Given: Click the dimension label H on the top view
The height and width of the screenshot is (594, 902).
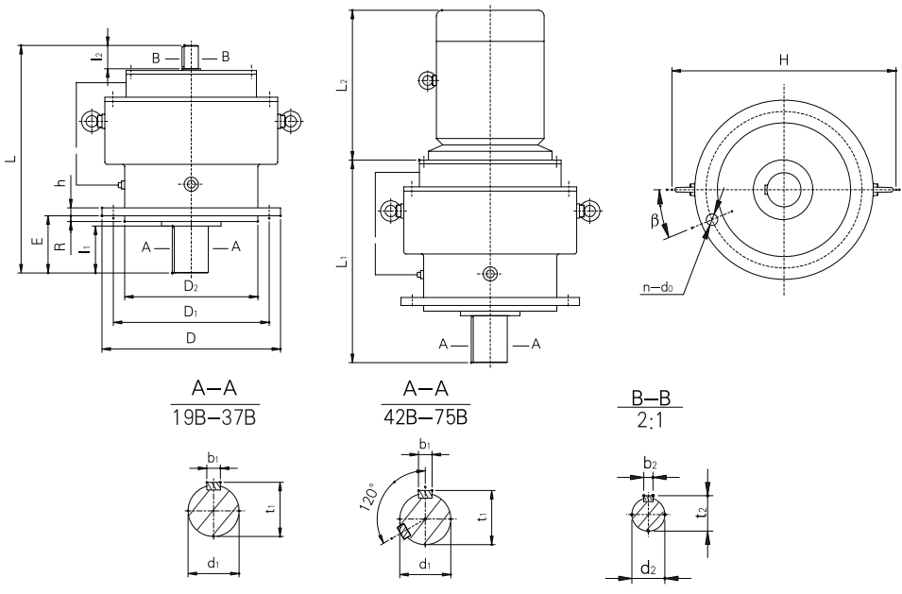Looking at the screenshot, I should click(x=783, y=59).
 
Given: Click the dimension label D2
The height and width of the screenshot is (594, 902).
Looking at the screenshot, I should click(x=190, y=285).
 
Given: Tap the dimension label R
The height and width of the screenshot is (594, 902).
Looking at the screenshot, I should click(x=60, y=246).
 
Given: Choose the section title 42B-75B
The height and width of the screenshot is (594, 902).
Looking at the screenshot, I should click(x=423, y=416).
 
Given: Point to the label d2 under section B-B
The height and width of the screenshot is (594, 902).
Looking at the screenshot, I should click(x=647, y=569).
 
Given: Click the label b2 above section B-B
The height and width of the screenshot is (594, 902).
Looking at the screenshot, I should click(x=649, y=465).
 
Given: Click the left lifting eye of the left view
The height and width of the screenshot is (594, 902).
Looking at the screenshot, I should click(x=93, y=121).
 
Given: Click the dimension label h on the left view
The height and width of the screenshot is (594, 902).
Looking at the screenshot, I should click(x=60, y=183).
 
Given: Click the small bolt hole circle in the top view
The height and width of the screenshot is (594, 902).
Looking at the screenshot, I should click(x=711, y=220).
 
